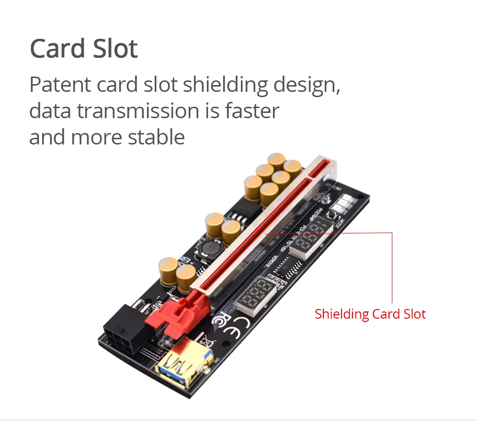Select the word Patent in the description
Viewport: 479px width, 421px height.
pos(60,85)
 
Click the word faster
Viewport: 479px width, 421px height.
pos(252,111)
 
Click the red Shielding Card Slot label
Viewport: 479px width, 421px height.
pos(370,314)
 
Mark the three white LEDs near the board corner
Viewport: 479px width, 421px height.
pos(344,205)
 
